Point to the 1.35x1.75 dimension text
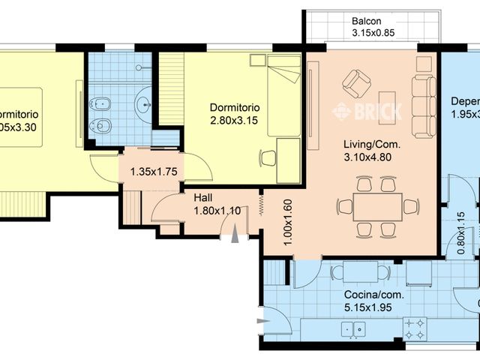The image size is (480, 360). coord(153,172)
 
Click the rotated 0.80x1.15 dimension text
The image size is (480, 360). coord(460,234)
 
